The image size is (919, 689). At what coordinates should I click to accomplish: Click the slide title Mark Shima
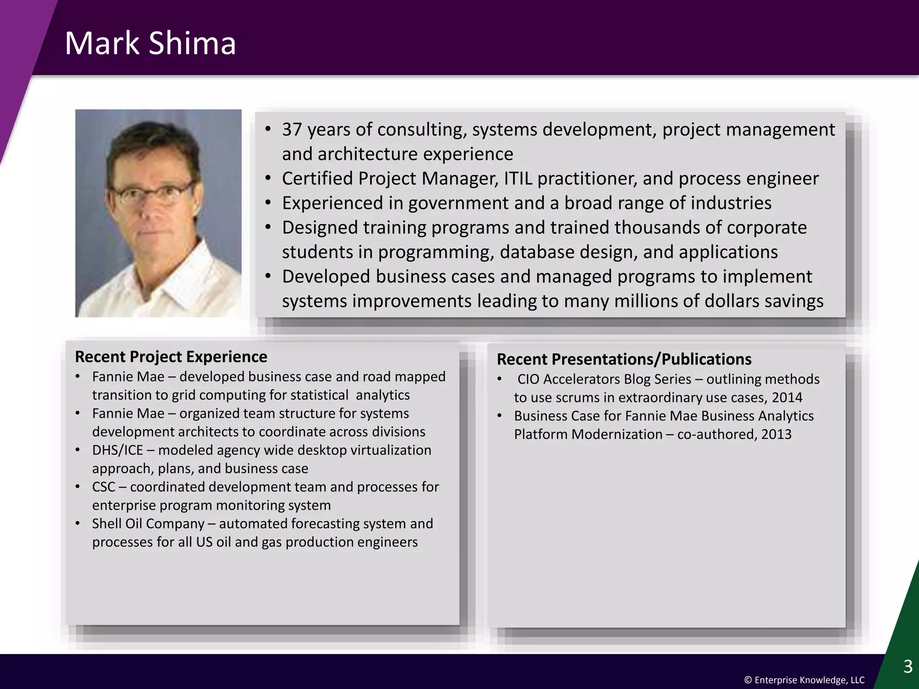click(150, 44)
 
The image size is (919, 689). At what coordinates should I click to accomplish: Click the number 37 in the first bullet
click(292, 130)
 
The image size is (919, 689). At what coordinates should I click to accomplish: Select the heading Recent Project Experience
click(171, 357)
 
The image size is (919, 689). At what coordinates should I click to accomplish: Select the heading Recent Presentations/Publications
click(624, 359)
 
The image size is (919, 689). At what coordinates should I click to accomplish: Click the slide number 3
click(908, 667)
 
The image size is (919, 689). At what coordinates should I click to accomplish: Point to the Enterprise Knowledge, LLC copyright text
click(804, 680)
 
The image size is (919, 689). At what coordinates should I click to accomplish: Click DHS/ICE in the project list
click(117, 450)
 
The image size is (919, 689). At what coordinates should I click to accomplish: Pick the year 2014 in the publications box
click(787, 397)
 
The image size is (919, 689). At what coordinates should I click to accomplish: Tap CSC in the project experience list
click(104, 487)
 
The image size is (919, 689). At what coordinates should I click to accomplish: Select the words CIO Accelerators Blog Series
click(604, 379)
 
